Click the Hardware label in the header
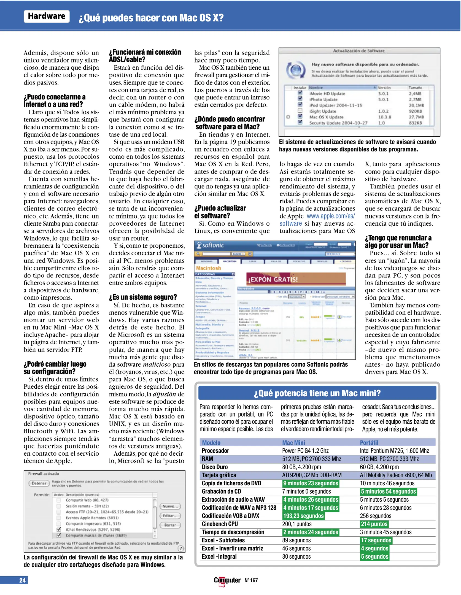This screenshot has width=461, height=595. [47, 16]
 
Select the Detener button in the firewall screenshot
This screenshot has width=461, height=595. [39, 483]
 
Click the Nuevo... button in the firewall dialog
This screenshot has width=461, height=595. [170, 506]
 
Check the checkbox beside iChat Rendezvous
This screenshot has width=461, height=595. [59, 529]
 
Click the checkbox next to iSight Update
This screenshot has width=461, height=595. [300, 111]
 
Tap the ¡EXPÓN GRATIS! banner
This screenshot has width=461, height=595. [295, 279]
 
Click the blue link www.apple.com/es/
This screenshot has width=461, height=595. [331, 216]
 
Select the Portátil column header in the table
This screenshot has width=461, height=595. [369, 443]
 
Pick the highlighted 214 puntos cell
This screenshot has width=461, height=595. [374, 524]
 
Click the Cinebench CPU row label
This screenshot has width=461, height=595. [220, 524]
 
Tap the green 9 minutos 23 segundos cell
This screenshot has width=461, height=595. [311, 483]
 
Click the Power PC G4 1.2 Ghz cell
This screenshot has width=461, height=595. [305, 451]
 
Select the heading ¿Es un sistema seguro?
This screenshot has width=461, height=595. [143, 297]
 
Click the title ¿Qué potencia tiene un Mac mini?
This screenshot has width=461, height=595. [317, 393]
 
